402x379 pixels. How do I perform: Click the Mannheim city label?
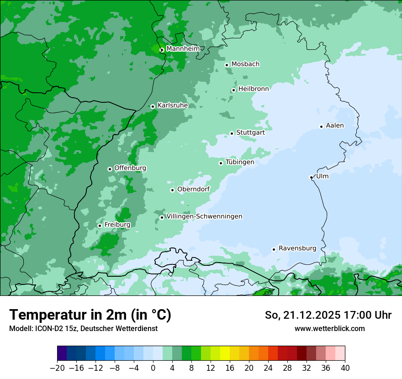point(183,49)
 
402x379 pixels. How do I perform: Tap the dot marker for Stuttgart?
point(232,133)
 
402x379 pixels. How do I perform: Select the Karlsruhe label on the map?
point(173,105)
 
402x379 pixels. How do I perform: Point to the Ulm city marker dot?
point(311,177)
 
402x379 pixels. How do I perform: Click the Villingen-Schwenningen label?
point(204,216)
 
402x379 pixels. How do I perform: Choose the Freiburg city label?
point(117,225)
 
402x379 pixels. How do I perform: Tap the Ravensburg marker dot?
point(274,249)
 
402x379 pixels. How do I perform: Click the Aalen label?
point(335,126)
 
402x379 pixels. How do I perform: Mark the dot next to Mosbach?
point(227,65)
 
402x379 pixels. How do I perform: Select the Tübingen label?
point(240,162)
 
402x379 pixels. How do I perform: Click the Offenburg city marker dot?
point(110,169)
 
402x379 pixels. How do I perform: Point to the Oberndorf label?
point(193,189)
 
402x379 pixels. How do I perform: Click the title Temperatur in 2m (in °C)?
point(90,315)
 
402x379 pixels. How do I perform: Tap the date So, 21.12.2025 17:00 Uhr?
point(328,315)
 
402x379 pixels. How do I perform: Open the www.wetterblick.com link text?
point(329,328)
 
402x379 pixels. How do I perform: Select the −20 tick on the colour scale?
point(58,368)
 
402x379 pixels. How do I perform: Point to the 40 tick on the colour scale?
point(345,368)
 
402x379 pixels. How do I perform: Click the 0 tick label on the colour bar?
point(153,368)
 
